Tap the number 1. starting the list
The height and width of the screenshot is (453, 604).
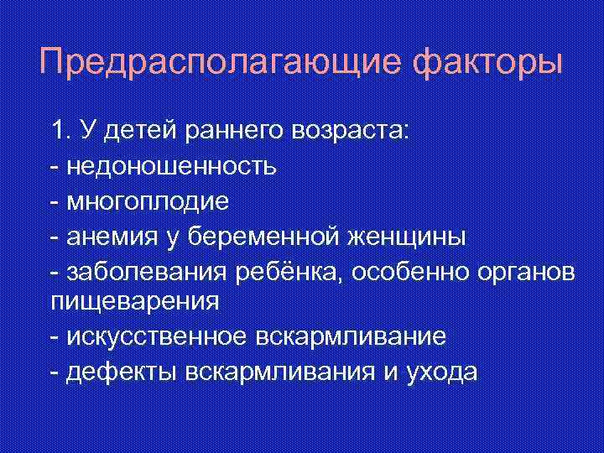click(60, 130)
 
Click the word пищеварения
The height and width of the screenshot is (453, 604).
click(135, 301)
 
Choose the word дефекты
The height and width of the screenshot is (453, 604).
click(115, 373)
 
